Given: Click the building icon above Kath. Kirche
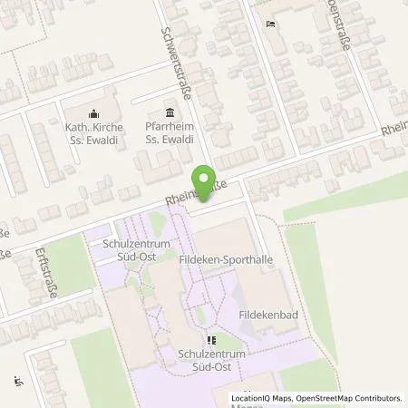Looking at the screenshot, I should [93, 113].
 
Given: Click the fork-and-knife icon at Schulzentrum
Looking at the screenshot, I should [211, 341].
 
